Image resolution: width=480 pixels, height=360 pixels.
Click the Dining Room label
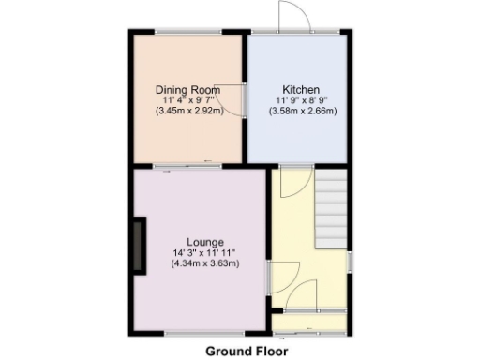187,89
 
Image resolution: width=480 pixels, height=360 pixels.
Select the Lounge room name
204,241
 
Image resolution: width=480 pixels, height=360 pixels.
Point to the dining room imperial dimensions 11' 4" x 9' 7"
187,99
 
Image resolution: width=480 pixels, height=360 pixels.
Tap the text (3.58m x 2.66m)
303,111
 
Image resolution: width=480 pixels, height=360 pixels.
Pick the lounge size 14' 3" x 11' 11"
204,252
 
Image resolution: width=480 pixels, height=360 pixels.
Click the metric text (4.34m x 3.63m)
204,263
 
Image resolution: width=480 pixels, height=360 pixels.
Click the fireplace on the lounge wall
140,246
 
